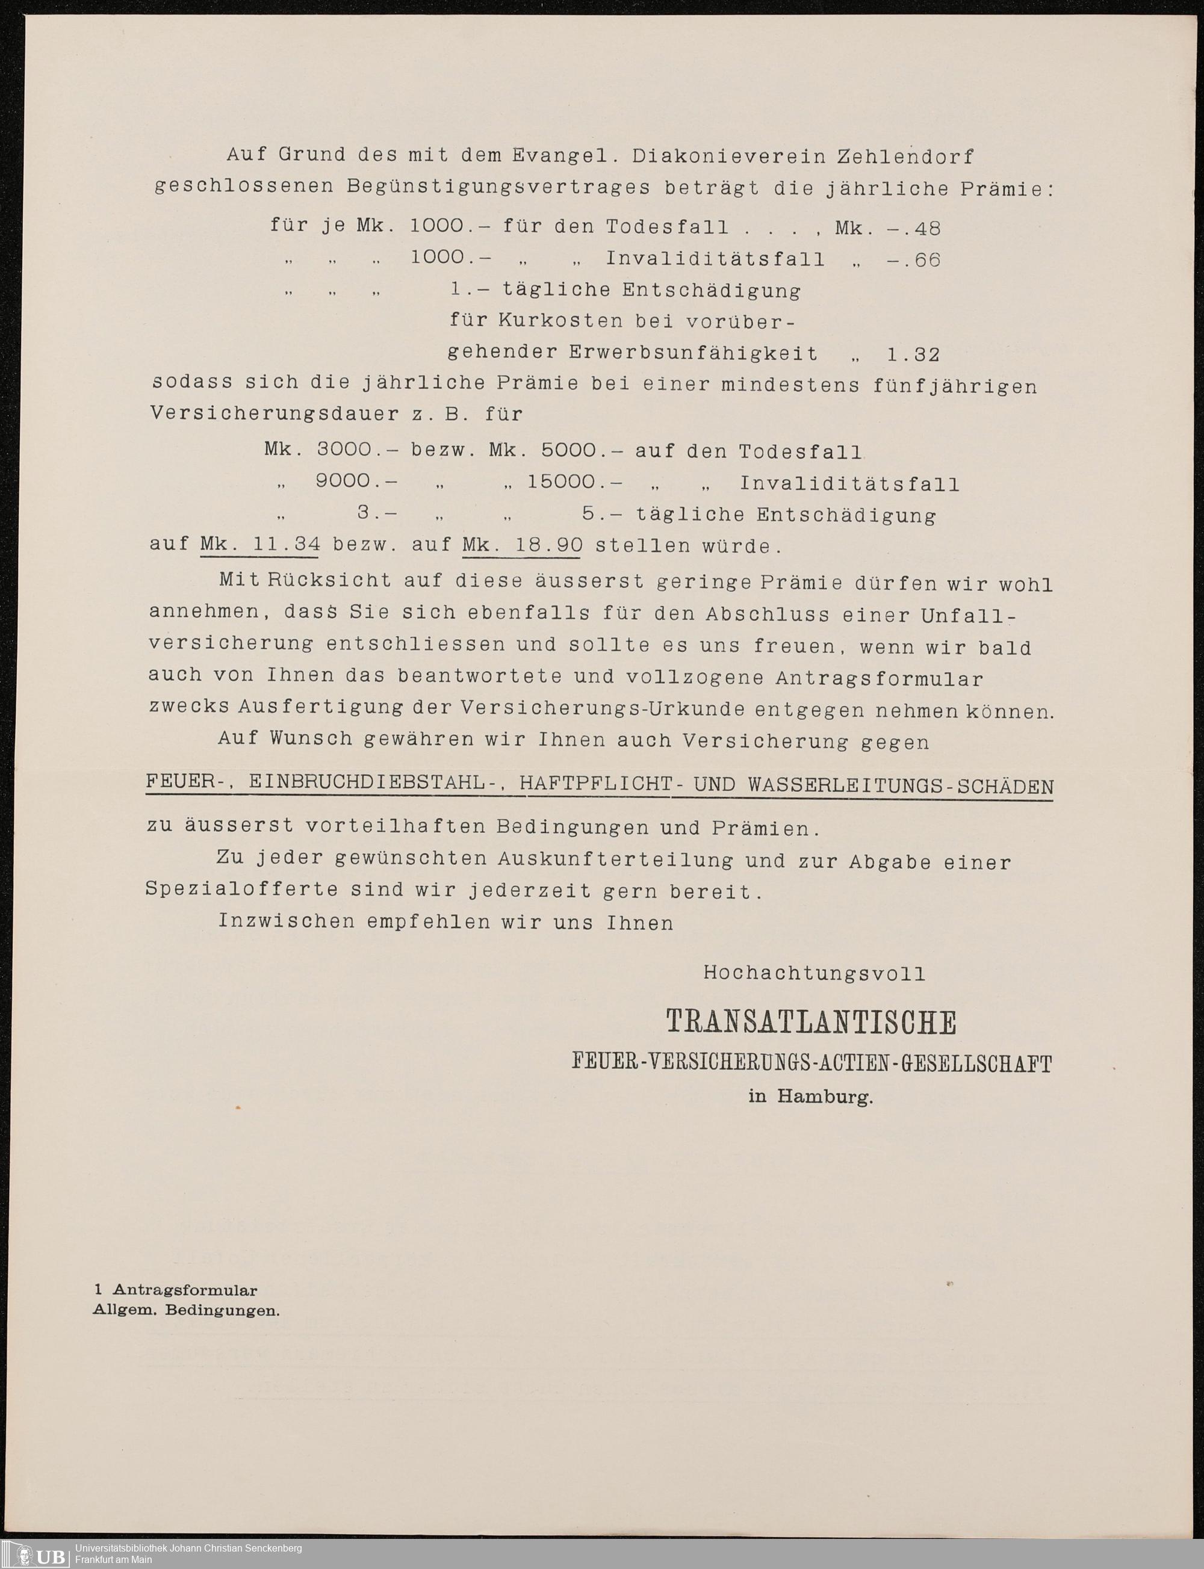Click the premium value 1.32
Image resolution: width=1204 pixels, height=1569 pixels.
(912, 354)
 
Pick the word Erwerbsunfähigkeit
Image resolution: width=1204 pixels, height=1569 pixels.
(693, 353)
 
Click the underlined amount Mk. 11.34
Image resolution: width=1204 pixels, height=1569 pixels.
(259, 545)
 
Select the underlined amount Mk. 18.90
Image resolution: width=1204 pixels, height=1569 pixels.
(523, 545)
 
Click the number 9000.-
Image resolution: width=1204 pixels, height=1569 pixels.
(356, 481)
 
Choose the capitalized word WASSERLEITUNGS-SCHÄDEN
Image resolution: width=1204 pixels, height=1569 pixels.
(900, 785)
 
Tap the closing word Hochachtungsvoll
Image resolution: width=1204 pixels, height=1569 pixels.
(814, 973)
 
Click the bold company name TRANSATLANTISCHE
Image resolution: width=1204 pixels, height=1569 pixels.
(811, 1023)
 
